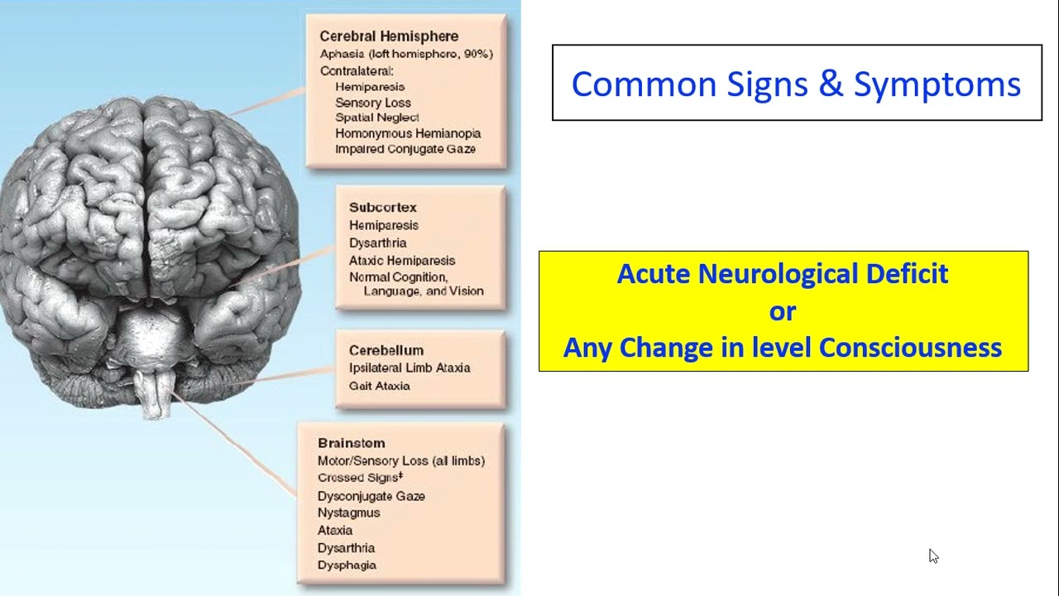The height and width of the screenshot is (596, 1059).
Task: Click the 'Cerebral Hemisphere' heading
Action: click(389, 36)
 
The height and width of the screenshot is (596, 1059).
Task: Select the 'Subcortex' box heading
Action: click(382, 207)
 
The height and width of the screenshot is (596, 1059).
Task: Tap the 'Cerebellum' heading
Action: click(386, 350)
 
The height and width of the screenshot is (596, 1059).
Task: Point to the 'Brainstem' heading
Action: click(351, 443)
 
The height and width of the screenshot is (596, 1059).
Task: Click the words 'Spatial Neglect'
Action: click(377, 118)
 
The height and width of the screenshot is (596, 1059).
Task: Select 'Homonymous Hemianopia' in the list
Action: click(408, 133)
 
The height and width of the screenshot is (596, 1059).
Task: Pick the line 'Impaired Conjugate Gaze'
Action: click(405, 149)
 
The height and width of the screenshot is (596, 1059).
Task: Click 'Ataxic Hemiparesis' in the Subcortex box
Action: click(402, 260)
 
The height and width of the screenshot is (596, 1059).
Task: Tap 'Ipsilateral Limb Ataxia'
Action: click(410, 368)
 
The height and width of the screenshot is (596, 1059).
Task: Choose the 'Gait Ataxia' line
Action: click(379, 386)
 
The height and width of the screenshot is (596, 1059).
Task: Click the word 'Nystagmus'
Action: click(348, 512)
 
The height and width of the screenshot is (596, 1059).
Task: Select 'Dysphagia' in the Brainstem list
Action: click(347, 565)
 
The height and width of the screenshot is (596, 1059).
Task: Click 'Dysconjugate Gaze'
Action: click(371, 495)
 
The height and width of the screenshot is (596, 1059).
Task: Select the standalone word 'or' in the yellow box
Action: click(783, 311)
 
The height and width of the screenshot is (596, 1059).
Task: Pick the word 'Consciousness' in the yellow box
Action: click(910, 347)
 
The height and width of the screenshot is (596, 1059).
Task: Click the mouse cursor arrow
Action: click(933, 555)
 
